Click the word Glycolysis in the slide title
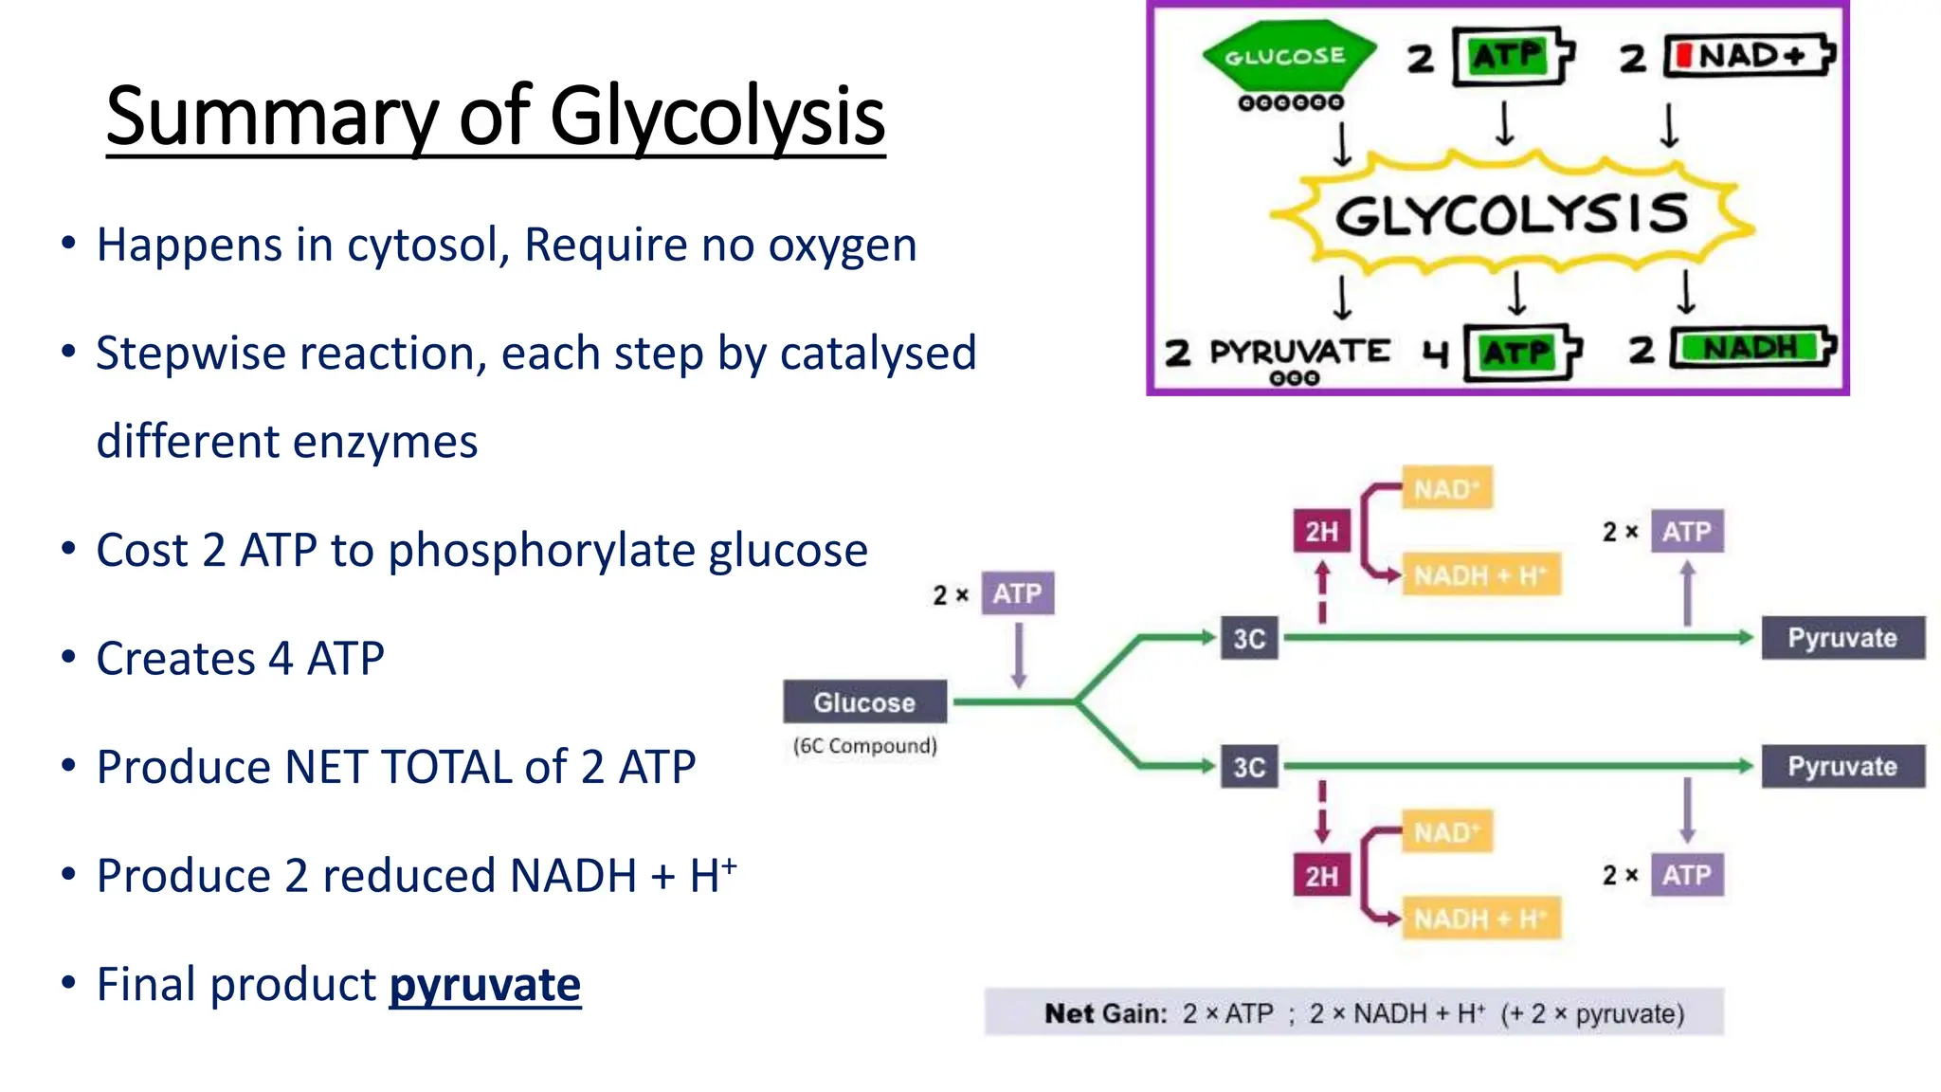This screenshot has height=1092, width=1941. (x=717, y=118)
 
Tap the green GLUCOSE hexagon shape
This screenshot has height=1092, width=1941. (x=1287, y=56)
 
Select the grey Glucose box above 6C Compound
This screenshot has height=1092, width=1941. (x=864, y=702)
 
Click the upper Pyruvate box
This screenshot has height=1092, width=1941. (x=1842, y=638)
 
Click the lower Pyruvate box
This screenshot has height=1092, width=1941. (x=1842, y=766)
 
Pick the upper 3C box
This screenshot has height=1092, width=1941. (x=1249, y=639)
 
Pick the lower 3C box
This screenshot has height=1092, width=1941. (x=1249, y=767)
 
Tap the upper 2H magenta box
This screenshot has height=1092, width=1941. (x=1321, y=532)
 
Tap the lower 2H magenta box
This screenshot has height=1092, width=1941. (x=1321, y=876)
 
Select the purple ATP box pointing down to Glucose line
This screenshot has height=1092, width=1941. (x=1017, y=594)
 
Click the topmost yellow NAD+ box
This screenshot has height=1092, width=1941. (x=1446, y=489)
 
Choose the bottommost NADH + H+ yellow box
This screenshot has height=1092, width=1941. (x=1478, y=919)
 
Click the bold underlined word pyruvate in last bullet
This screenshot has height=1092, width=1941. (x=484, y=985)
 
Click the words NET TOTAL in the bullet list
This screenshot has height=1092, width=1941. (x=398, y=767)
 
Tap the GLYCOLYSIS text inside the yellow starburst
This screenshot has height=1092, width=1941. (x=1512, y=215)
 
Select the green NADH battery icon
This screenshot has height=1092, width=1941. (x=1751, y=348)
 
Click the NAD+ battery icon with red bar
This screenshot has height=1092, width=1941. (x=1750, y=56)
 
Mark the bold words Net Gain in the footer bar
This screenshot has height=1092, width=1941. (x=1105, y=1013)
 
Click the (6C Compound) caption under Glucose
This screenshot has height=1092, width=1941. (x=864, y=746)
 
